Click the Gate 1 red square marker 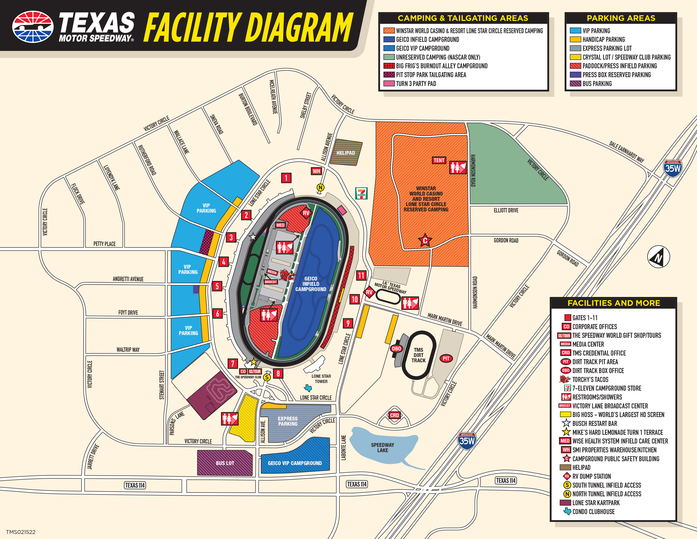[x=286, y=178]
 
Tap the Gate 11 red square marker [x=361, y=275]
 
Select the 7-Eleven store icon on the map [x=361, y=193]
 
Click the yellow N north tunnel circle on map [x=320, y=187]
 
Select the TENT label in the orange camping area [x=439, y=160]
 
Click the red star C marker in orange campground [x=425, y=241]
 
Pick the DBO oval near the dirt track [x=396, y=349]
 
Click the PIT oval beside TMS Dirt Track [x=446, y=358]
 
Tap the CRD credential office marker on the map [x=395, y=415]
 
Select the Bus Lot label [x=225, y=463]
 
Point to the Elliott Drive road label [x=506, y=211]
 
